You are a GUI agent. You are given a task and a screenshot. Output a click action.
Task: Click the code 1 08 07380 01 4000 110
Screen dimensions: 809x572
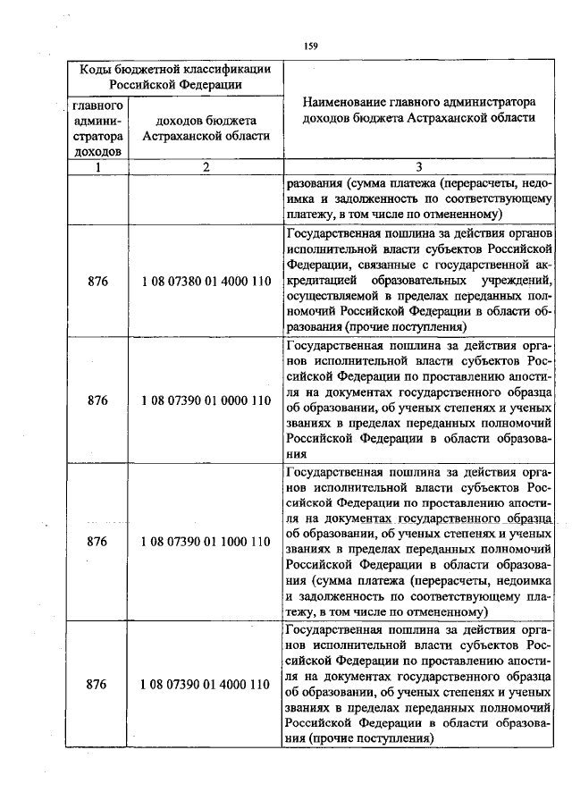[206, 281]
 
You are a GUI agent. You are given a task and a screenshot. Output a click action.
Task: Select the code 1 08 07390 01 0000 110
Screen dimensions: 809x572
[206, 400]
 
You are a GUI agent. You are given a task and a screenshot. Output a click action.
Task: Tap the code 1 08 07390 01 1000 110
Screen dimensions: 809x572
[206, 542]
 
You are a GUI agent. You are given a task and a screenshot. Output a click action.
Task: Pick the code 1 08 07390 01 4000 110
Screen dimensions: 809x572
[206, 685]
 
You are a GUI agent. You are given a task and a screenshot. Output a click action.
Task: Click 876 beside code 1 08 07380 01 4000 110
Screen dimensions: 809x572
[98, 281]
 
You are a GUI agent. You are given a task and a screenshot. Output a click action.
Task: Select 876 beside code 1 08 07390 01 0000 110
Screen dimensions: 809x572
[98, 400]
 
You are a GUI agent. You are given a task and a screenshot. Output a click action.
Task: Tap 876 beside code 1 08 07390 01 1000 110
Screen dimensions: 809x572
[98, 542]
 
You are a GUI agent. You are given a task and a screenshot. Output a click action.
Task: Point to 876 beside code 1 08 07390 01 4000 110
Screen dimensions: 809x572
[98, 685]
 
